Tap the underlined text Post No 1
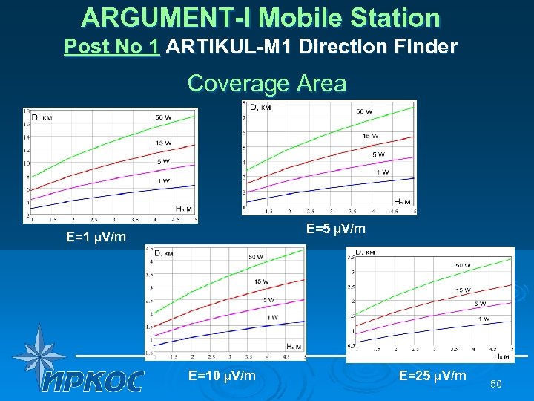(x=112, y=48)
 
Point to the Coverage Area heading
(x=267, y=83)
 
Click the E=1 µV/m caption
(x=96, y=238)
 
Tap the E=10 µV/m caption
(x=222, y=376)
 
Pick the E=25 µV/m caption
(x=433, y=376)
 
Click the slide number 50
(x=496, y=383)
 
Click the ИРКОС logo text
(x=93, y=381)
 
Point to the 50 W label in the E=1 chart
(x=165, y=117)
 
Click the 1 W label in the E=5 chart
(x=383, y=172)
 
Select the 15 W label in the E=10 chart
(x=261, y=281)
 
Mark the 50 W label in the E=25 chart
(x=462, y=265)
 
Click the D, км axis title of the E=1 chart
(x=40, y=117)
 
